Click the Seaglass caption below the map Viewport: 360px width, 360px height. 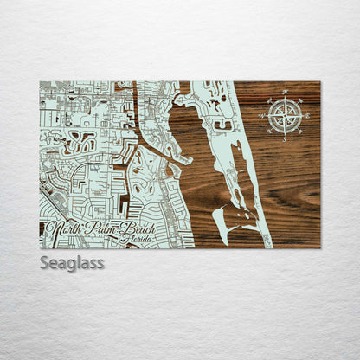coord(72,262)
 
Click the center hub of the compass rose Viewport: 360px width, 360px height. coord(285,116)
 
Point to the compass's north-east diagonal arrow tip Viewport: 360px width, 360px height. coord(297,104)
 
